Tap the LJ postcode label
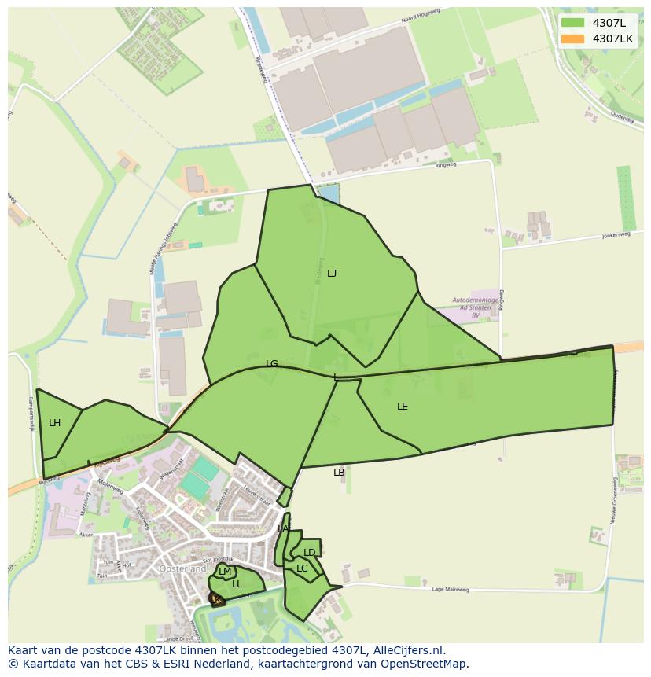pos(332,274)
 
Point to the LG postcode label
pos(272,364)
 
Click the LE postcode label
pos(403,407)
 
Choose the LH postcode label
pos(54,423)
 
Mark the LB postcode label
pos(339,473)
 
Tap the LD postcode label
pos(310,553)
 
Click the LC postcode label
pos(302,568)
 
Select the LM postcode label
pos(225,572)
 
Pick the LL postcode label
pos(237,584)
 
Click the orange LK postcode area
pos(216,600)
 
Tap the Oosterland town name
pos(182,568)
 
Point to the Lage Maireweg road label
pos(451,589)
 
